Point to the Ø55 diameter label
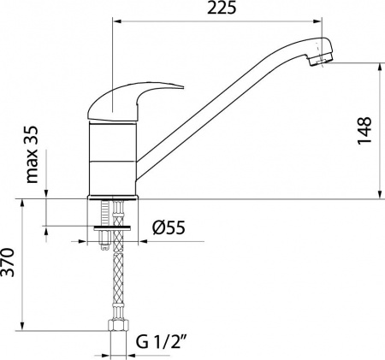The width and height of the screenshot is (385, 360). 170,227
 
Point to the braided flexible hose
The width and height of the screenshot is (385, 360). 112,282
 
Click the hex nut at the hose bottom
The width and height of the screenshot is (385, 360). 112,328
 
